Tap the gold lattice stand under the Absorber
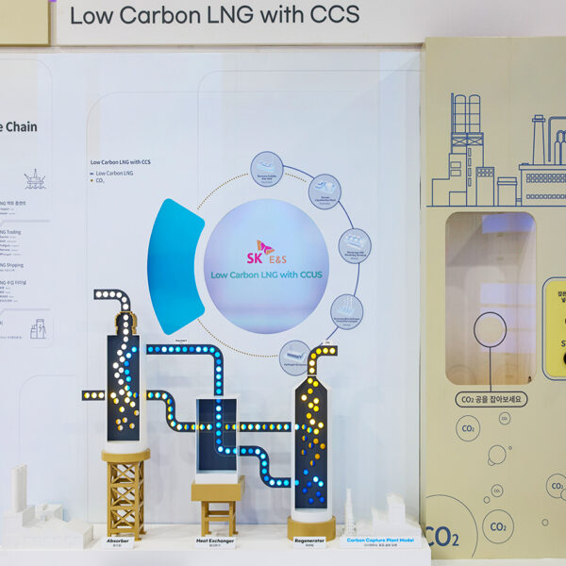coord(125,491)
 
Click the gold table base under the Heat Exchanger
coord(218,505)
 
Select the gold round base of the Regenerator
coord(311,525)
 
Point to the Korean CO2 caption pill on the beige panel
coord(491,399)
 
